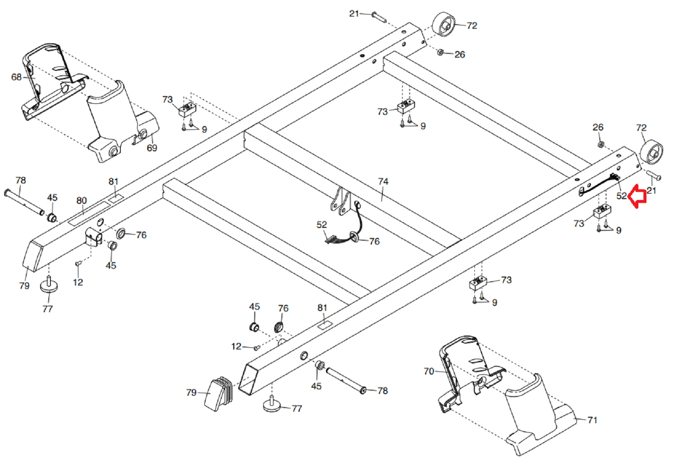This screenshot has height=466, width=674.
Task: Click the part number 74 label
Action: coord(383,181)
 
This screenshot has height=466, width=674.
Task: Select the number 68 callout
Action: coord(16,77)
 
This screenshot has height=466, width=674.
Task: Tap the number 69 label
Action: coord(152,148)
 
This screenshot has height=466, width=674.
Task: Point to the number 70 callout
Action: coord(429,371)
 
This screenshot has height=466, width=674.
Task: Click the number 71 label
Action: coord(592,420)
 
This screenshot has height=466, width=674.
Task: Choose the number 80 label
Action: coord(81,200)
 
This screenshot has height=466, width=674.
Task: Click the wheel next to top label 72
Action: coord(444,24)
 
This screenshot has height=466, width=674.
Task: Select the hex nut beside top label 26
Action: coord(440,52)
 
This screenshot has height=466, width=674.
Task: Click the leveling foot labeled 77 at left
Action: coord(49,286)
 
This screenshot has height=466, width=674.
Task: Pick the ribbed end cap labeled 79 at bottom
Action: coord(220,394)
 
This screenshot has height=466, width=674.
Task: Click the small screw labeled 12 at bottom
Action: coord(256,348)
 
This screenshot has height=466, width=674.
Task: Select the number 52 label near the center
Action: coord(322,225)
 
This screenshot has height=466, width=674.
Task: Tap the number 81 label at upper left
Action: coord(113,181)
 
